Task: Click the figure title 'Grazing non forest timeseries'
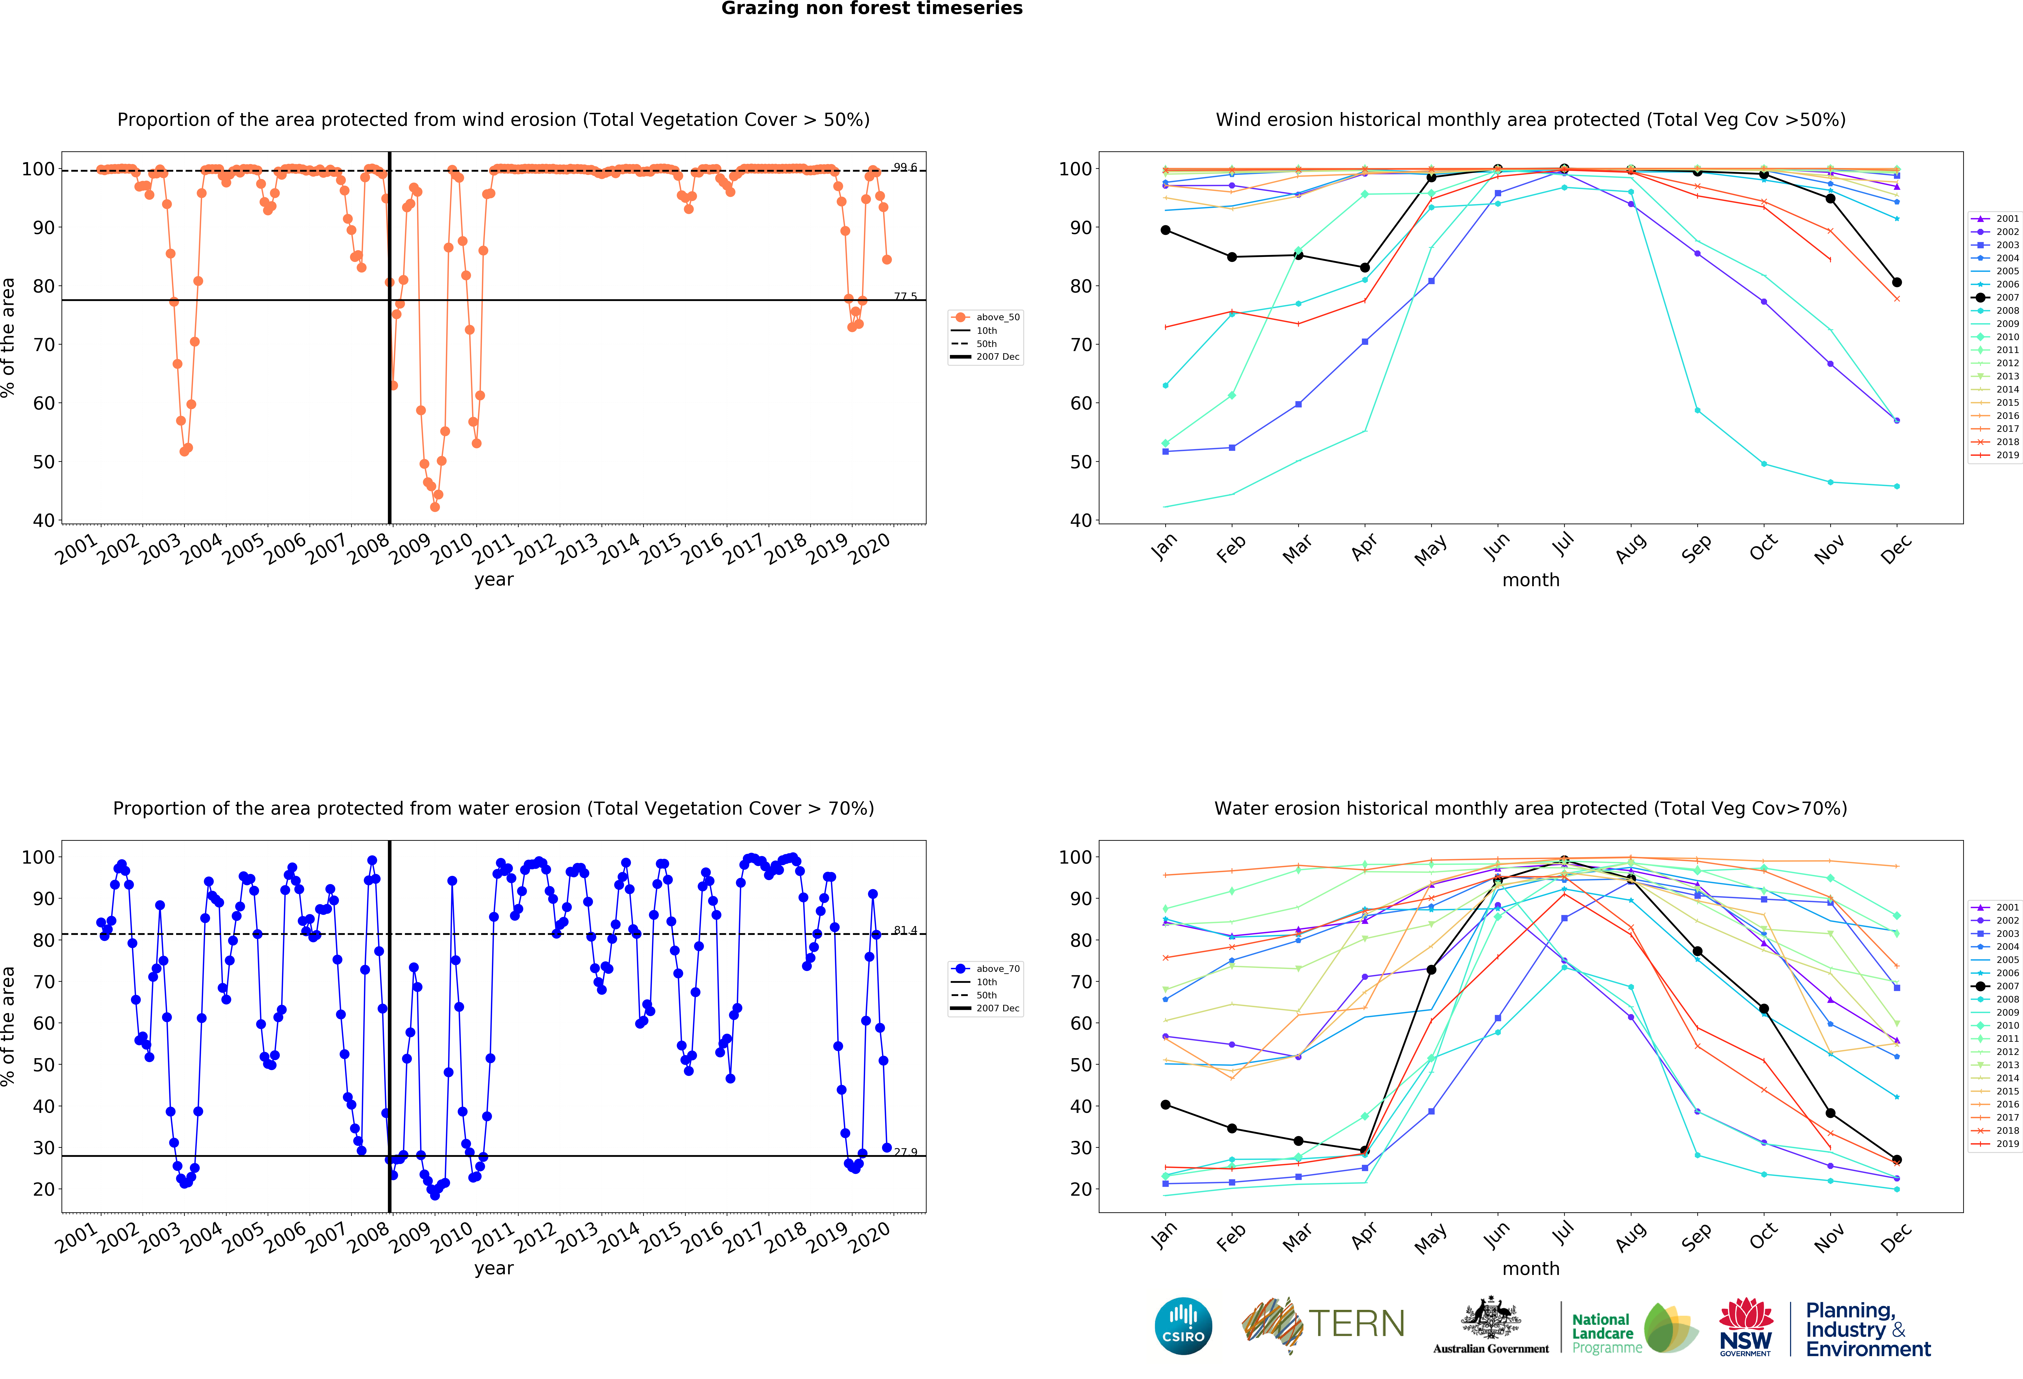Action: [871, 9]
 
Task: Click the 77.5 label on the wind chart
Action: [905, 297]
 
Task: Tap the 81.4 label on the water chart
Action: [905, 931]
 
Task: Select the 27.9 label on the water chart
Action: [905, 1152]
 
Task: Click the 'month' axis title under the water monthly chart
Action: [1530, 1268]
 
